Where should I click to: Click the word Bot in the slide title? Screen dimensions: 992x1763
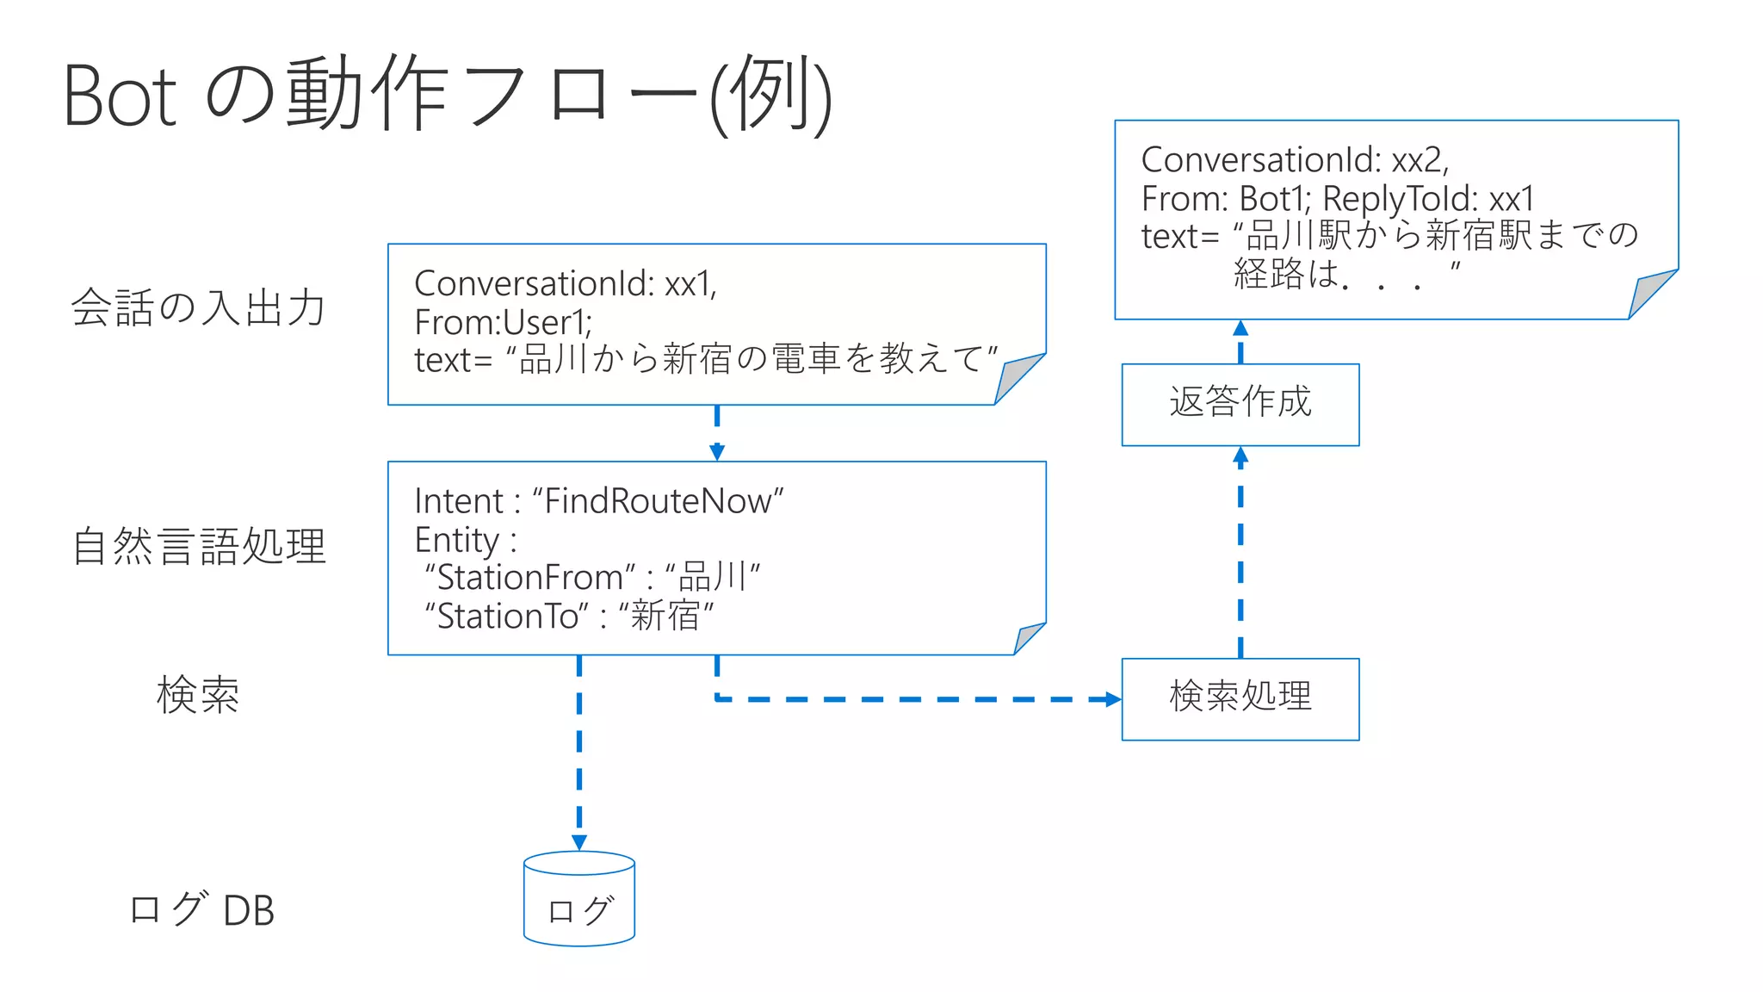point(121,96)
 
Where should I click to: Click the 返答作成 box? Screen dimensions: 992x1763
point(1240,404)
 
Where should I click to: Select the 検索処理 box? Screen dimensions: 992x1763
point(1240,698)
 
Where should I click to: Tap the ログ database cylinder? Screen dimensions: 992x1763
point(579,901)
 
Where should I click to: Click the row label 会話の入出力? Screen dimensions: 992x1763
point(198,307)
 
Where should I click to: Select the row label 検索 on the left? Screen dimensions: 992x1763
point(198,695)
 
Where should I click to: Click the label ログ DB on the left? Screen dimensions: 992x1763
point(201,909)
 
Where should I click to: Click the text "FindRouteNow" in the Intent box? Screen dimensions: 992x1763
point(658,501)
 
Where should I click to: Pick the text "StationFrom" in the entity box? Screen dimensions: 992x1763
point(530,577)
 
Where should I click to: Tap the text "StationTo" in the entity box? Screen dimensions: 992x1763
point(507,617)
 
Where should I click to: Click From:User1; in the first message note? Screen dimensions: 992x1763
point(503,322)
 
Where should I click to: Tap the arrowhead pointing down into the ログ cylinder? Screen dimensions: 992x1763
point(579,841)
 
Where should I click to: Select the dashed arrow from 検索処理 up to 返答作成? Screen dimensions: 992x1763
point(1240,560)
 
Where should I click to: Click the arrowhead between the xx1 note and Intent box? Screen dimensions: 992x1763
point(717,451)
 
